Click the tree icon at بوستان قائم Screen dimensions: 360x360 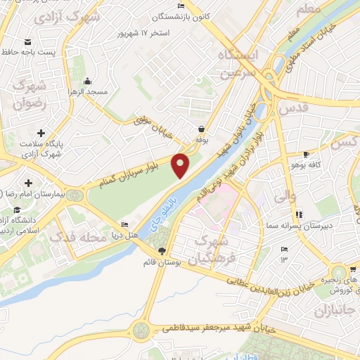coord(162,251)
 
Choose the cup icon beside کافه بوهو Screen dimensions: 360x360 coord(306,154)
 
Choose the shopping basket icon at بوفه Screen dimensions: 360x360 coord(202,129)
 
